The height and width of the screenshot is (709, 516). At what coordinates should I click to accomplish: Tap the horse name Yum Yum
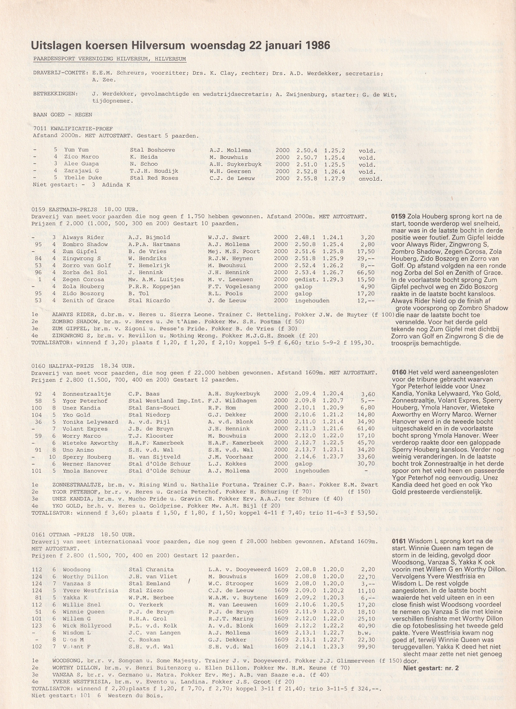coord(76,150)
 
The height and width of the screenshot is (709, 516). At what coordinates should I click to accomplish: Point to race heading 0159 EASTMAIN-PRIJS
coord(64,209)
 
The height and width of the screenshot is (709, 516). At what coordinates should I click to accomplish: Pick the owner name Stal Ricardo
coord(149,300)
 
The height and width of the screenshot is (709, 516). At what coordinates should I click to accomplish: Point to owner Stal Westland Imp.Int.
coord(166,401)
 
